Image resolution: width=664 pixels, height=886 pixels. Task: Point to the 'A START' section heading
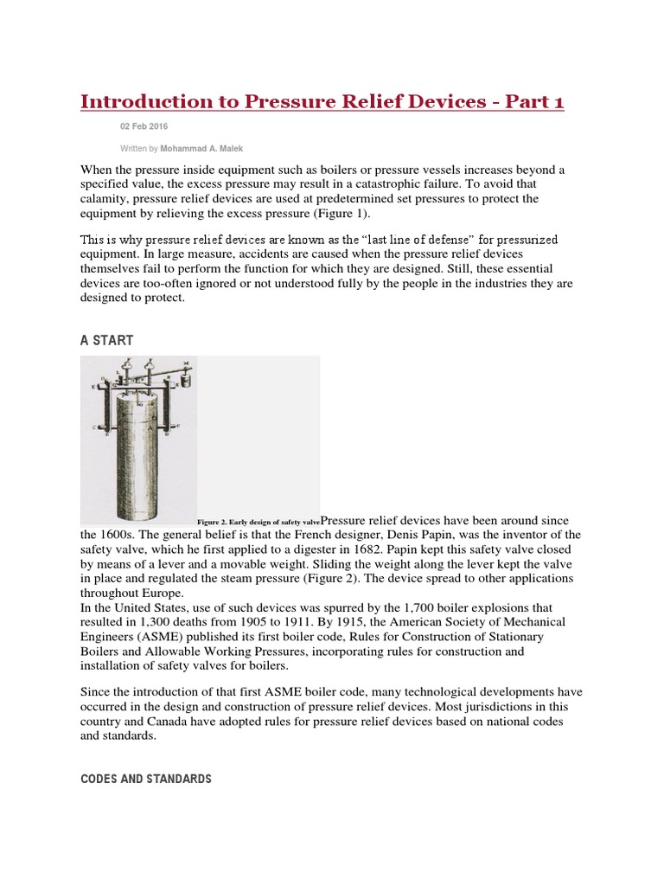pos(106,340)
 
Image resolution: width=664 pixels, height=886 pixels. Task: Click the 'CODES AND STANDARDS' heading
pos(145,779)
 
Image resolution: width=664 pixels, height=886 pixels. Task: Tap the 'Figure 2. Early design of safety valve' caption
pos(259,523)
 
